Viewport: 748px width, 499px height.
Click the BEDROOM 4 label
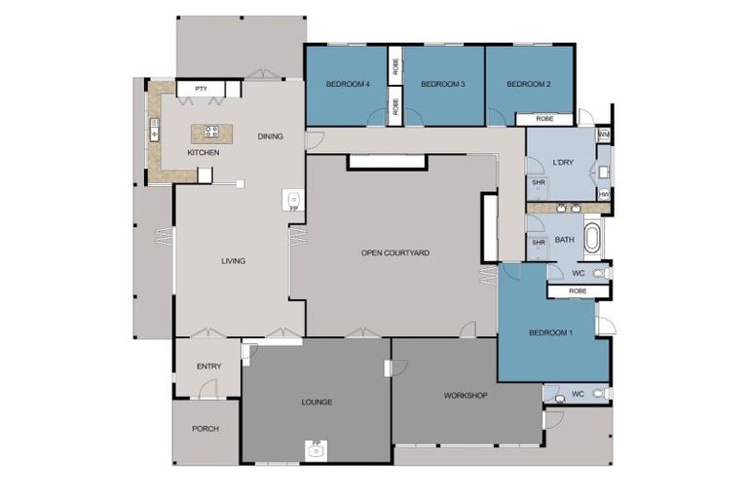346,85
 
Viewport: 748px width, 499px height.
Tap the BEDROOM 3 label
442,85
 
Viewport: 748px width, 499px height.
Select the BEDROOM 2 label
529,85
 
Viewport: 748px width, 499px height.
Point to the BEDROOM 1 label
551,333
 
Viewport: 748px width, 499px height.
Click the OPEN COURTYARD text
395,252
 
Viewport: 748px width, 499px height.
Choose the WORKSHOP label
465,395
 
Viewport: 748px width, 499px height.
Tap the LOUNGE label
317,402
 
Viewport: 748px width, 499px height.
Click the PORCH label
206,429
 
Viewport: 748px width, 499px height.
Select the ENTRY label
208,366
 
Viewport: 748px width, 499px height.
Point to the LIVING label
233,260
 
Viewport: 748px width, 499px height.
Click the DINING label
270,136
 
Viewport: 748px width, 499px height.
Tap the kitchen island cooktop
210,132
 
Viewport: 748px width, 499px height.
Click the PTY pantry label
201,90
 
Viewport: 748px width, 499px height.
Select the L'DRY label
561,161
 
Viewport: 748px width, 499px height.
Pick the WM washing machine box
604,134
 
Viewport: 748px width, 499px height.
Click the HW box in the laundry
604,195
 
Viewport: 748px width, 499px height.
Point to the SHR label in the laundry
538,182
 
